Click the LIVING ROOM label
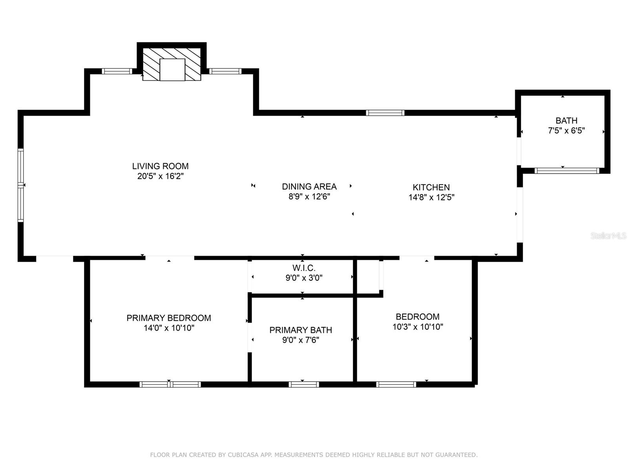[160, 166]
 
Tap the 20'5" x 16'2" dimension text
[160, 176]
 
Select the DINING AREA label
[309, 186]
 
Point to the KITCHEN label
[431, 187]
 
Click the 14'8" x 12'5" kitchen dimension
[431, 197]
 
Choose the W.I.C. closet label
[304, 268]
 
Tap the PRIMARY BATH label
[301, 330]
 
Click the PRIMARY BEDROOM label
[169, 318]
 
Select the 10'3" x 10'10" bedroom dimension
[418, 327]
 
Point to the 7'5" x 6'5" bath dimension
[566, 130]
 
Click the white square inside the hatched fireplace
[172, 70]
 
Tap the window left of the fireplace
[117, 71]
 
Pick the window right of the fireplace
[225, 71]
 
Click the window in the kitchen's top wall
[385, 113]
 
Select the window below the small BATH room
[567, 171]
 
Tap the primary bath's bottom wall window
[303, 384]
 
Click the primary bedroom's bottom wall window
[170, 384]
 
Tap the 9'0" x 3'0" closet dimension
[304, 277]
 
